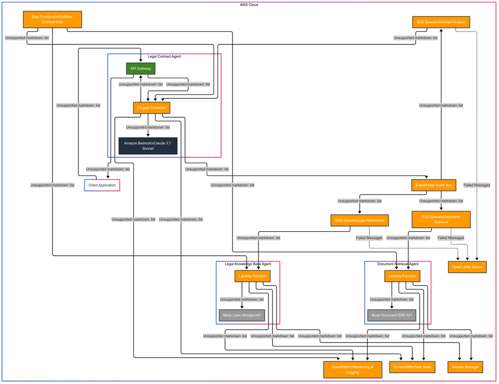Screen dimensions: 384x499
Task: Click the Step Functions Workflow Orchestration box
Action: (x=52, y=19)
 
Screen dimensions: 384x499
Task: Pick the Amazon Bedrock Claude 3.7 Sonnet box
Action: (x=147, y=146)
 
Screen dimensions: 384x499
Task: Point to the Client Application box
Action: (x=102, y=185)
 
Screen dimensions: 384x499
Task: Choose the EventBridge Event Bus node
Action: (x=434, y=185)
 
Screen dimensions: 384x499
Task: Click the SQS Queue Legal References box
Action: (x=359, y=220)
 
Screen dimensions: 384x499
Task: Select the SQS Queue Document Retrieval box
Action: (x=441, y=219)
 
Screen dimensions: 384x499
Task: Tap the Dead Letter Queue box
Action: (x=467, y=267)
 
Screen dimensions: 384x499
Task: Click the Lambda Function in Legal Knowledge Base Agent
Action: (x=252, y=276)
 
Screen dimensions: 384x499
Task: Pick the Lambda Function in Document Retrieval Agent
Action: (x=402, y=276)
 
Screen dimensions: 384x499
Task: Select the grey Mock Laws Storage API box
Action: (x=242, y=315)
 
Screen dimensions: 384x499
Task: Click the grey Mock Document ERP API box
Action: (x=391, y=315)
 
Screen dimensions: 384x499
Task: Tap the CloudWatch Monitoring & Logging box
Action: (x=352, y=369)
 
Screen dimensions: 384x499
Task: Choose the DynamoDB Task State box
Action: (x=412, y=367)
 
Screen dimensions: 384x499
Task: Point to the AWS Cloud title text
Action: (x=249, y=4)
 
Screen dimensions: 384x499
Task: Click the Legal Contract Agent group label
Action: (x=164, y=56)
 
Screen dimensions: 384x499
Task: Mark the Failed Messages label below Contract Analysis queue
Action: (x=477, y=185)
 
